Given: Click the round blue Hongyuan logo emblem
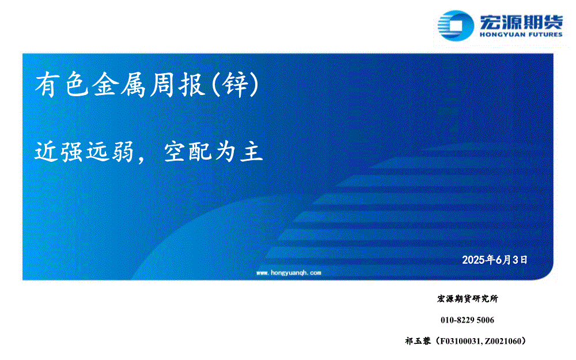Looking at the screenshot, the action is [x=456, y=25].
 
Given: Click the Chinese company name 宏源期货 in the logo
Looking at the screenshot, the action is [x=521, y=22].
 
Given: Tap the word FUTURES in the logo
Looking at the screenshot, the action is [x=544, y=35].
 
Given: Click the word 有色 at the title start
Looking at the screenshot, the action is [x=62, y=85].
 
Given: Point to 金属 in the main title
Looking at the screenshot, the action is [x=119, y=85].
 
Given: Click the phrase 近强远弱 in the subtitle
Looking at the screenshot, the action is [x=84, y=151].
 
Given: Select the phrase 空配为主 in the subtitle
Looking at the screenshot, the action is [x=214, y=151].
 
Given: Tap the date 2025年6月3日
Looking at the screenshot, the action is [x=494, y=260].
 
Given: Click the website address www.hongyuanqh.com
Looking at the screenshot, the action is [x=289, y=272].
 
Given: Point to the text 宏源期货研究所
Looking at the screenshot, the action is [x=468, y=298].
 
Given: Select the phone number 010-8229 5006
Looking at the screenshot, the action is [x=467, y=320].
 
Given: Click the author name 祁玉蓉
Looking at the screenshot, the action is [x=418, y=341].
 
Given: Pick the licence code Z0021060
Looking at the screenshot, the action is [x=502, y=341].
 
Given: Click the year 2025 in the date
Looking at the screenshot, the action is [x=473, y=260].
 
